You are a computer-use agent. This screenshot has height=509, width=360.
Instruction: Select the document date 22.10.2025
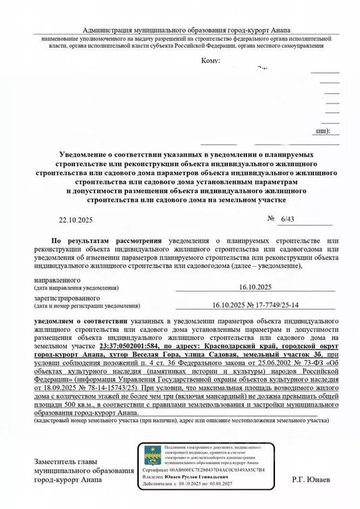(x=77, y=218)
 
